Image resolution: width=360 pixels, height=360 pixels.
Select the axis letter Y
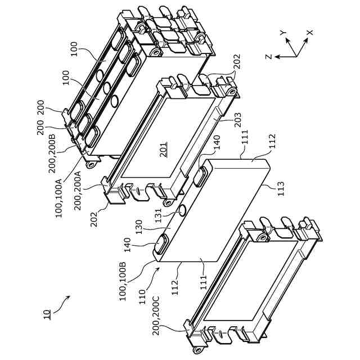coord(283,33)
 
